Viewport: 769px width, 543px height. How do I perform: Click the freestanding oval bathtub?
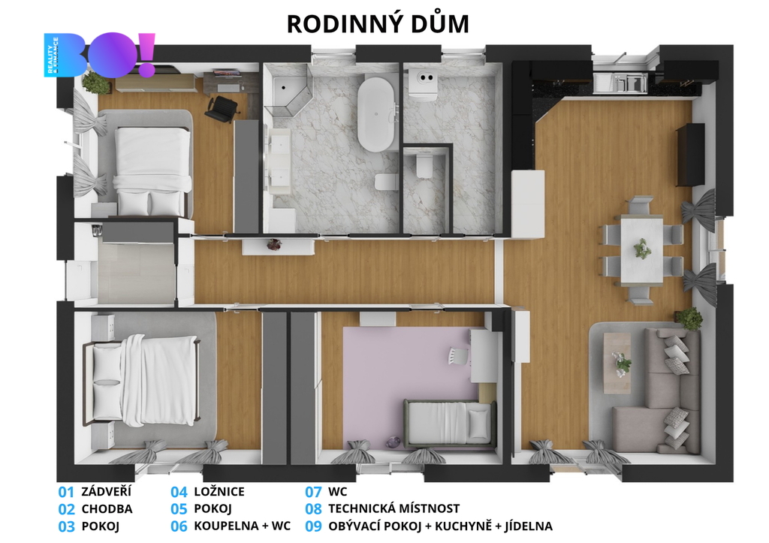tap(376, 114)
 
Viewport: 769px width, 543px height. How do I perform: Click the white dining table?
tap(641, 249)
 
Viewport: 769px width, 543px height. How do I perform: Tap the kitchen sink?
tap(621, 83)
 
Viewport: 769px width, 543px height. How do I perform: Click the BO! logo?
tap(100, 54)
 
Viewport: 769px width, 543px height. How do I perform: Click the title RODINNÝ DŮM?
tap(378, 24)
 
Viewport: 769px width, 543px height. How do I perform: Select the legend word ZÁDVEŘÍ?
tap(107, 491)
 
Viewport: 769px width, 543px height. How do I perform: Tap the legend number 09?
tap(313, 526)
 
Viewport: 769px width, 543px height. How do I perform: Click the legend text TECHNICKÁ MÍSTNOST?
tap(394, 508)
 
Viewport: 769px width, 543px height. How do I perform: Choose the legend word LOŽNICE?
tap(219, 491)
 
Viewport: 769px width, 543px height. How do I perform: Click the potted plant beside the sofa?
tap(689, 318)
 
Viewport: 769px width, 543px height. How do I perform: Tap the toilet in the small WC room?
tap(424, 165)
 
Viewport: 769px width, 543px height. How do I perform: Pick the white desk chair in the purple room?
tap(457, 356)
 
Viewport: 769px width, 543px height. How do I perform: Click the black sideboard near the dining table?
tap(690, 155)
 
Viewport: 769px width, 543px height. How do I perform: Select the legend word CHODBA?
tap(107, 508)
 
